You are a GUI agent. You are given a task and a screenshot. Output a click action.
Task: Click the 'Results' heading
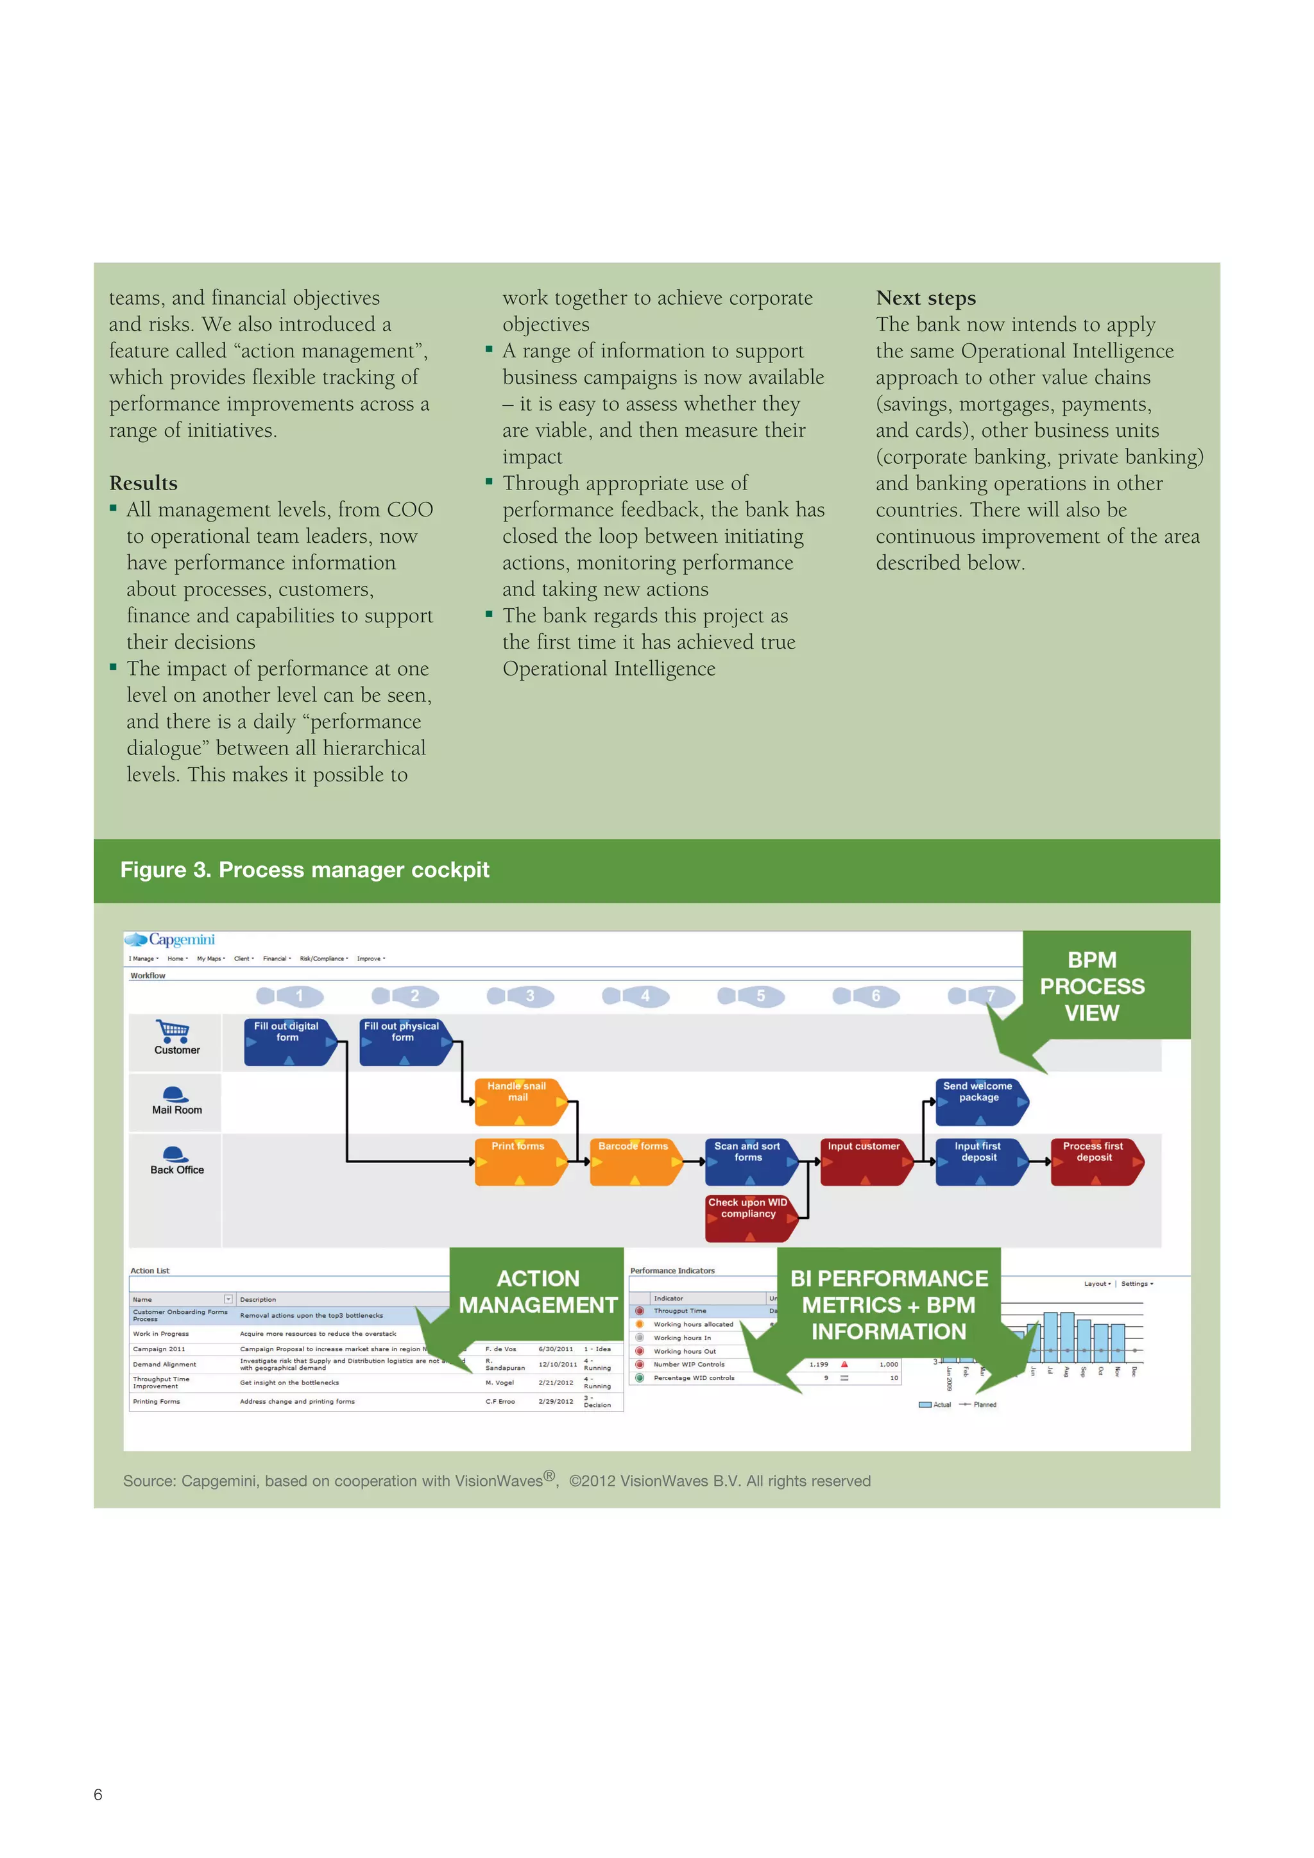[143, 483]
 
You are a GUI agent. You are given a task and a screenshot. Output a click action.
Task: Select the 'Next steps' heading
[926, 298]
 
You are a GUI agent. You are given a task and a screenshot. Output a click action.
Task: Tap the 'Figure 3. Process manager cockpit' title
[305, 870]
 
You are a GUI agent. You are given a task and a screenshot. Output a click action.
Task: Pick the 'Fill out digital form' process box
[287, 1041]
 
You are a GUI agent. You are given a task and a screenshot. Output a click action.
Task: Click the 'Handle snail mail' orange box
[518, 1100]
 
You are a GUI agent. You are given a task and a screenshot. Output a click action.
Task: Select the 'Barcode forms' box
[633, 1161]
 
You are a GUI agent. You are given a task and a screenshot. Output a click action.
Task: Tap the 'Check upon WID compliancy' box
[749, 1217]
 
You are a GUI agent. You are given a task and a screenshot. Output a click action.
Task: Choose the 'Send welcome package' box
[979, 1100]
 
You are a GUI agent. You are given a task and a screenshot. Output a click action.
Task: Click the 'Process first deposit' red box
[1094, 1161]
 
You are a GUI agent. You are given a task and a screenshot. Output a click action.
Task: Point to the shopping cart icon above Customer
[173, 1030]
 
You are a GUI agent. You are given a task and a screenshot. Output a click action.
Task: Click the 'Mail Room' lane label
[177, 1111]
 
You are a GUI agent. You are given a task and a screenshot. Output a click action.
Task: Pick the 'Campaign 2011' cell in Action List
[159, 1349]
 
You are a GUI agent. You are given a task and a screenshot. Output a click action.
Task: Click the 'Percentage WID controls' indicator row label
[694, 1378]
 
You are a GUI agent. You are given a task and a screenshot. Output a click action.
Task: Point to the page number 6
[98, 1795]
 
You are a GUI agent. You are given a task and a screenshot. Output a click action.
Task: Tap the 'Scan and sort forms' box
[749, 1161]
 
